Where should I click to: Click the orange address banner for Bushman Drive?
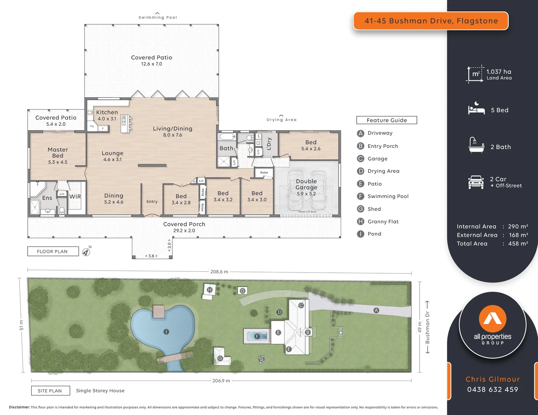click(x=431, y=21)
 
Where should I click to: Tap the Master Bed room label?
click(x=58, y=153)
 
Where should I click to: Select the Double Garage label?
click(x=306, y=184)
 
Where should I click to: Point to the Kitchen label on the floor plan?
click(x=107, y=112)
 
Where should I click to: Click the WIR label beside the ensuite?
click(x=75, y=196)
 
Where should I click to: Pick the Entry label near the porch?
click(x=152, y=201)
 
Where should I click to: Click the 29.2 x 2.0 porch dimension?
click(x=184, y=231)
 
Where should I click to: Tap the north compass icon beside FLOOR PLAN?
click(x=86, y=252)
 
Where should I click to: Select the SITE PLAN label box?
click(x=50, y=391)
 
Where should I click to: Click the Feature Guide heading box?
click(x=386, y=120)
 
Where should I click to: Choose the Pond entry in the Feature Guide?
click(x=374, y=234)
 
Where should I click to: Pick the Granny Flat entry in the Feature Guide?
click(x=383, y=221)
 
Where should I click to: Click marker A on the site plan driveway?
click(x=376, y=310)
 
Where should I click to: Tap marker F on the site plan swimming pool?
click(x=258, y=336)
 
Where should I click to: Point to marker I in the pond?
click(x=166, y=331)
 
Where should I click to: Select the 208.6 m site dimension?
click(x=219, y=272)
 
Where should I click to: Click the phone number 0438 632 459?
click(x=493, y=389)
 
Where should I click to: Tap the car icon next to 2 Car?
click(x=476, y=182)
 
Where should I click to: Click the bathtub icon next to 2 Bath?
click(x=476, y=146)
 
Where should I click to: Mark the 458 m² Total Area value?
click(x=518, y=244)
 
